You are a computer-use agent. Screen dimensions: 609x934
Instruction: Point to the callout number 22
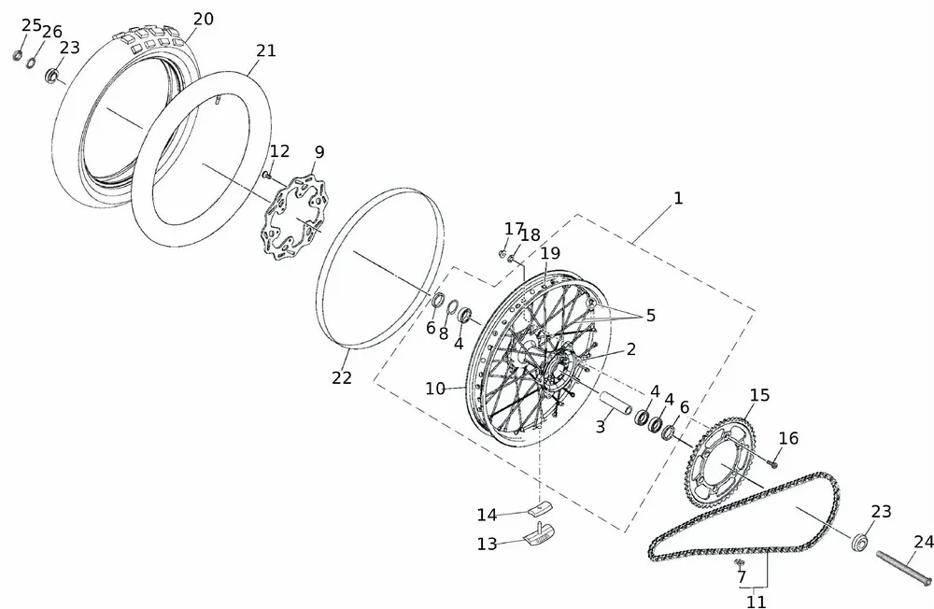(342, 377)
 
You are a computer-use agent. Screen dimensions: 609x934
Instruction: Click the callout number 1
(678, 198)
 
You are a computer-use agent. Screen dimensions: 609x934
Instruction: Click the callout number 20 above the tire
(203, 19)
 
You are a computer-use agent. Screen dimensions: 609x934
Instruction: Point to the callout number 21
(266, 50)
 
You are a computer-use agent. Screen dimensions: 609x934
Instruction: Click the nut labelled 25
(18, 54)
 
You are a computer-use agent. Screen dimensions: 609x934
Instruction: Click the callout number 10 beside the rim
(435, 389)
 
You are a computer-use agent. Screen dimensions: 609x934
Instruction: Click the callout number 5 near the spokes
(651, 316)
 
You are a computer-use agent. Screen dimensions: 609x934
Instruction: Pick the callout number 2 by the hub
(631, 349)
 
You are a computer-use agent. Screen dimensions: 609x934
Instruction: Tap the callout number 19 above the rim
(549, 253)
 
